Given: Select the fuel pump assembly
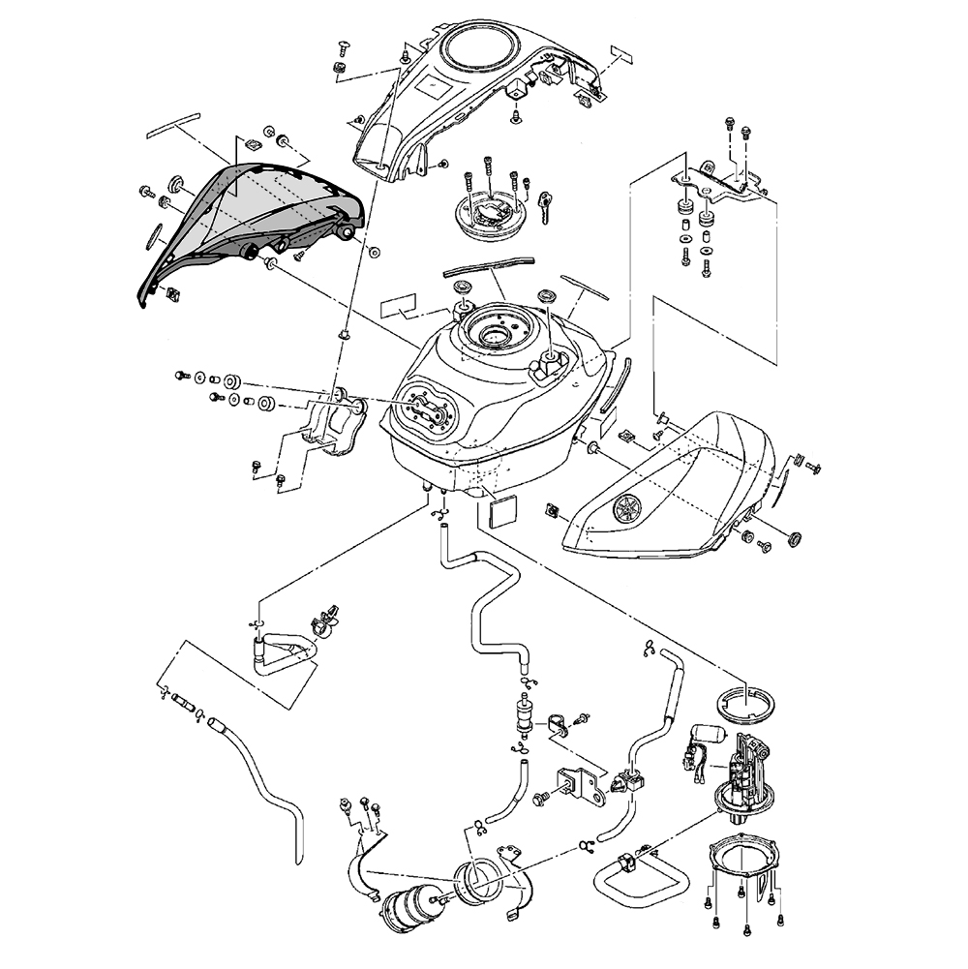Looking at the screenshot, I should [745, 774].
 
